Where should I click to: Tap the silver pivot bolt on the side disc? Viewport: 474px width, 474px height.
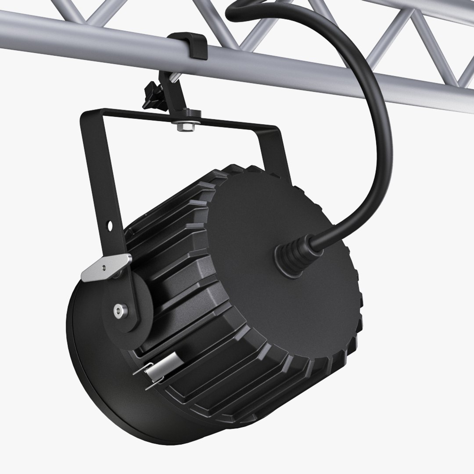pos(118,311)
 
